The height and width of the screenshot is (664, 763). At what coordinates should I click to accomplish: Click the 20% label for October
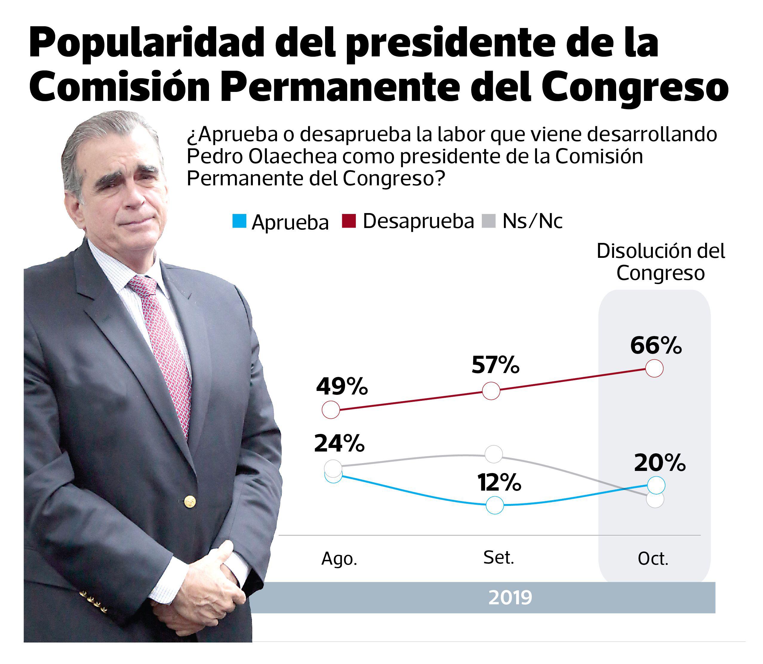click(x=660, y=463)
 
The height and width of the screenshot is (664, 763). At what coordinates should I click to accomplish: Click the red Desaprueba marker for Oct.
click(x=654, y=368)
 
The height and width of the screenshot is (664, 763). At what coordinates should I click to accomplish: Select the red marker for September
click(x=491, y=391)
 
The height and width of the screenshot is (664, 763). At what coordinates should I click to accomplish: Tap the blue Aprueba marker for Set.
click(x=495, y=505)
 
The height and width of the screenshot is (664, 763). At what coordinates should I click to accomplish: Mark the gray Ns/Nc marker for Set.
click(x=494, y=454)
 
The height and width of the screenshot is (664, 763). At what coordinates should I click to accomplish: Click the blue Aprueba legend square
click(x=239, y=221)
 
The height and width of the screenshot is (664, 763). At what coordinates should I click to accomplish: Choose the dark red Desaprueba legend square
click(x=349, y=221)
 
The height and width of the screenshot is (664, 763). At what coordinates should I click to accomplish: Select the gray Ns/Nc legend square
click(x=488, y=221)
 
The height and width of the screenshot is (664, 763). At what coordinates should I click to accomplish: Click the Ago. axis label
click(x=339, y=559)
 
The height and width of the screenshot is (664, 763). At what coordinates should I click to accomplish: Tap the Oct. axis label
click(x=653, y=559)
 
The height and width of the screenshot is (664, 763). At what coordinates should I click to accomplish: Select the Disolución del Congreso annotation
click(x=660, y=262)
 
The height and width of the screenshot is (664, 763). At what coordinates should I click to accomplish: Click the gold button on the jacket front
click(x=190, y=502)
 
